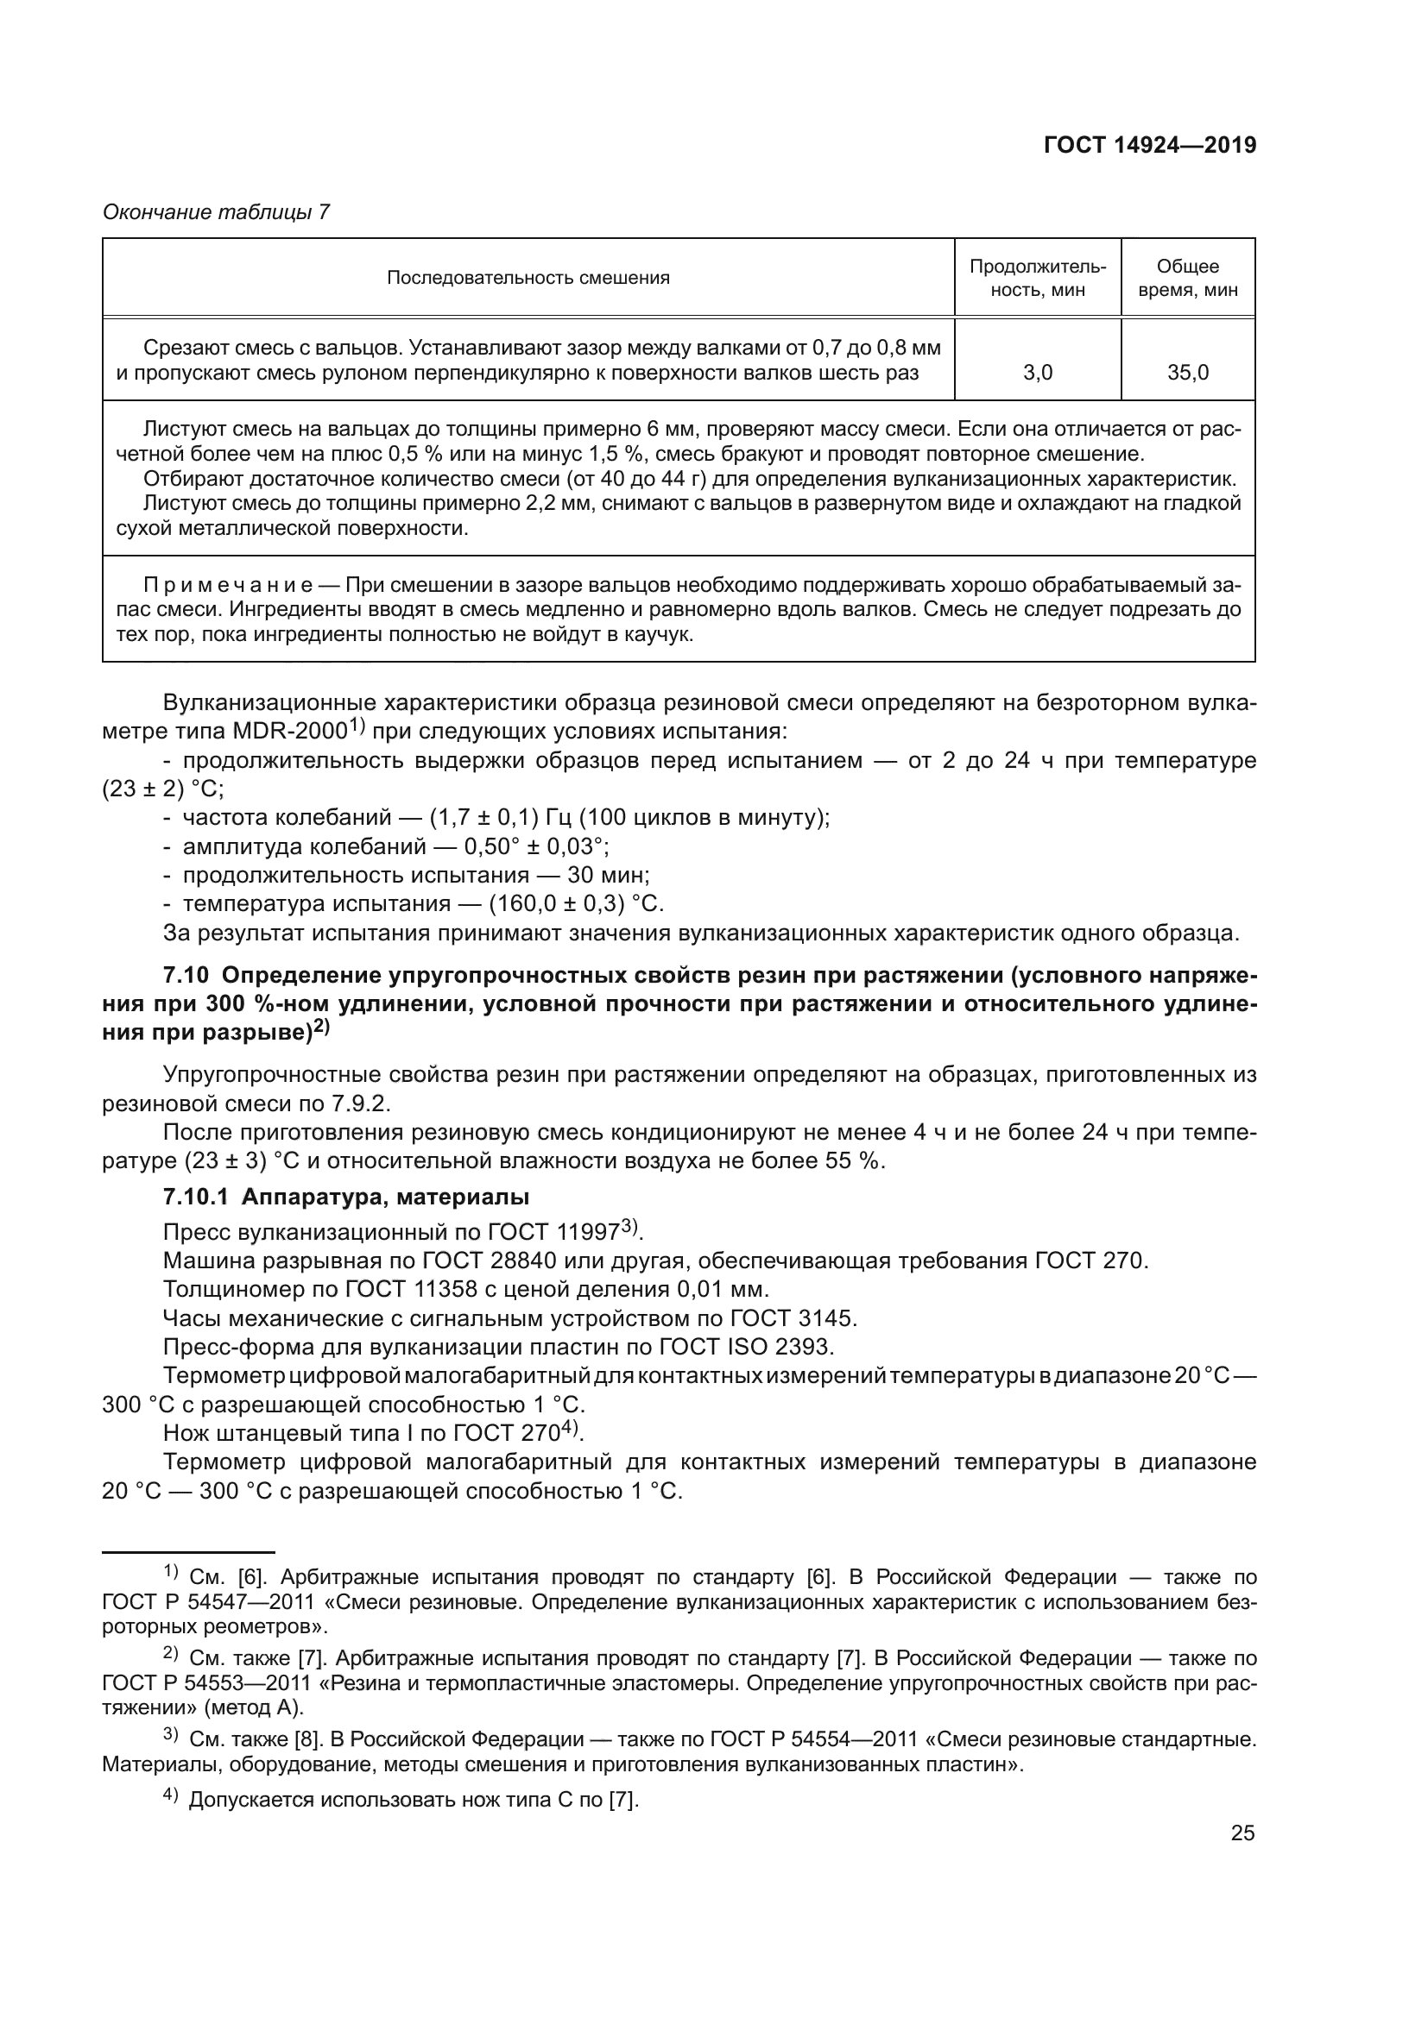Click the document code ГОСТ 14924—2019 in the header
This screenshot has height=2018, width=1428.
click(1149, 145)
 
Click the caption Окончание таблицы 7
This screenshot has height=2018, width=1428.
click(217, 212)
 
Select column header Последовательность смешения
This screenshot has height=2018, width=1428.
click(528, 278)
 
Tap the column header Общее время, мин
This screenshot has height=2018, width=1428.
click(1187, 278)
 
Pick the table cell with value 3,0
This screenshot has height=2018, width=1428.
click(1038, 373)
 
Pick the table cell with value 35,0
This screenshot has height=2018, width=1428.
click(1187, 373)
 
